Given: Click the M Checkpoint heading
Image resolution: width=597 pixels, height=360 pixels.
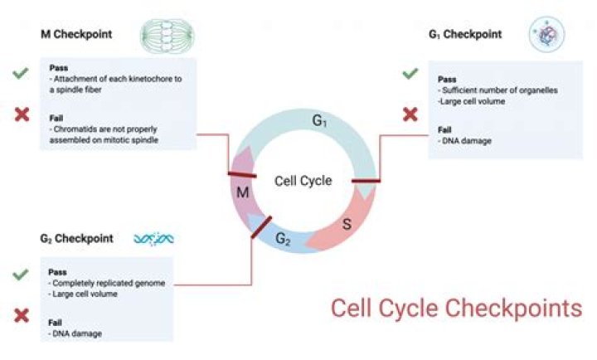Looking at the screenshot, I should tap(76, 35).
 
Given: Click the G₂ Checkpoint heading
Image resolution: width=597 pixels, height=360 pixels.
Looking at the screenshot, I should tap(77, 239).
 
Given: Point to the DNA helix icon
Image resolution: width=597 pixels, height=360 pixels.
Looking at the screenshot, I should tap(153, 239).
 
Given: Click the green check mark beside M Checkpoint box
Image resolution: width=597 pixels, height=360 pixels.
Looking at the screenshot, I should tap(21, 75).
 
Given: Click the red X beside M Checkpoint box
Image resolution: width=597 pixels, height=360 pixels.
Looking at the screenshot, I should tap(22, 114).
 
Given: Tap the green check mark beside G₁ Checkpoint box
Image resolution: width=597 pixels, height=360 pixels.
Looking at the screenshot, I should tap(410, 75).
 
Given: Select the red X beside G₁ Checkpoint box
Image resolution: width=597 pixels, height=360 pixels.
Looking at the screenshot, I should tap(410, 114).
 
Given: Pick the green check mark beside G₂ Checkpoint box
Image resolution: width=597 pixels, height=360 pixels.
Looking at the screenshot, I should tap(21, 275).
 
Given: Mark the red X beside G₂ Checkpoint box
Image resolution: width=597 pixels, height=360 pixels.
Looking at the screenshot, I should tap(22, 315).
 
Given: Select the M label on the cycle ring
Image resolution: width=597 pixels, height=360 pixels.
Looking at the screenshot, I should tap(244, 193).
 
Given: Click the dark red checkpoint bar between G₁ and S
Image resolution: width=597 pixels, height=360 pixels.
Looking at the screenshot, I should tap(366, 180).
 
